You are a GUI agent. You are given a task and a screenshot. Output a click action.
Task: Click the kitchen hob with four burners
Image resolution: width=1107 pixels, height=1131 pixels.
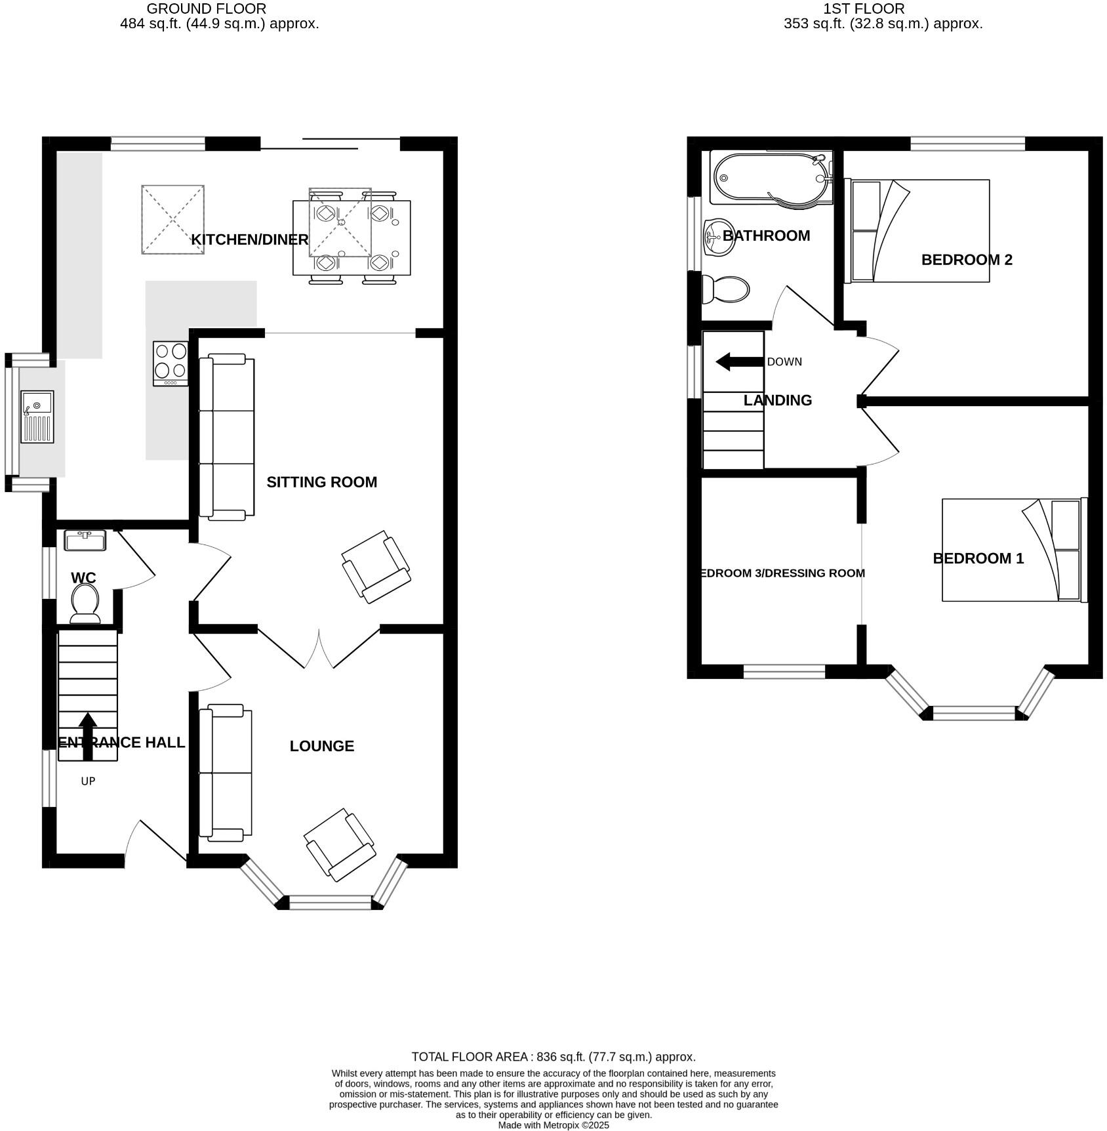tap(171, 363)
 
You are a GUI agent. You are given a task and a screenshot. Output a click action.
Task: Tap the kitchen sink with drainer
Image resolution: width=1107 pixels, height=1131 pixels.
tap(37, 417)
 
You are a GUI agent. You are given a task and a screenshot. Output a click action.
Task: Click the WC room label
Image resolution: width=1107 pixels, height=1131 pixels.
tap(83, 578)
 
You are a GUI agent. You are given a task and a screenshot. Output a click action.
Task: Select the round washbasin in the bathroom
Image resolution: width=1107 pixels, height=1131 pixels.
tap(718, 237)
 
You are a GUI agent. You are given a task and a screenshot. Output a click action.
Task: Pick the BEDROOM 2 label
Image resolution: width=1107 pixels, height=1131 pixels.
tap(966, 260)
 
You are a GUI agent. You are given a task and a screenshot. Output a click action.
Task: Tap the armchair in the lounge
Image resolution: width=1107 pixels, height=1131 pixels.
tap(340, 844)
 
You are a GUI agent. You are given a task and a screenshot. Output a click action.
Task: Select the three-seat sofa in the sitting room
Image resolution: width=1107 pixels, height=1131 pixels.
tap(227, 437)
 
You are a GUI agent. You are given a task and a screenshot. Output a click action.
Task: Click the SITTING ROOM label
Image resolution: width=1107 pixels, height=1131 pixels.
tap(321, 482)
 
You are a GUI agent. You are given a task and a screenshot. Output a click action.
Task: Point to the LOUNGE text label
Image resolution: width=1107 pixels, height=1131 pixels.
tap(321, 746)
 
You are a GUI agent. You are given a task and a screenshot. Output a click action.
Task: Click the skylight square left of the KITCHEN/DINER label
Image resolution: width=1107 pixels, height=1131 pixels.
tap(172, 220)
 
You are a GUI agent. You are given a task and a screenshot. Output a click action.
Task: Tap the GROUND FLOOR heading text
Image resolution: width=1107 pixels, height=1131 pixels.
tap(206, 9)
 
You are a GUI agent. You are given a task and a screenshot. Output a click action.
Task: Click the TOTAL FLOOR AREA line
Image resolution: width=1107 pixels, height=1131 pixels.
tap(553, 1057)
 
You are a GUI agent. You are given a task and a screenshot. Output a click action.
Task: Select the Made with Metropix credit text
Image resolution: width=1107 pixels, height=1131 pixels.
tap(553, 1125)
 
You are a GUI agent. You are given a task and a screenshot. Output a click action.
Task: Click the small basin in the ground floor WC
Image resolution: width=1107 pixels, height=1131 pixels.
tap(85, 541)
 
